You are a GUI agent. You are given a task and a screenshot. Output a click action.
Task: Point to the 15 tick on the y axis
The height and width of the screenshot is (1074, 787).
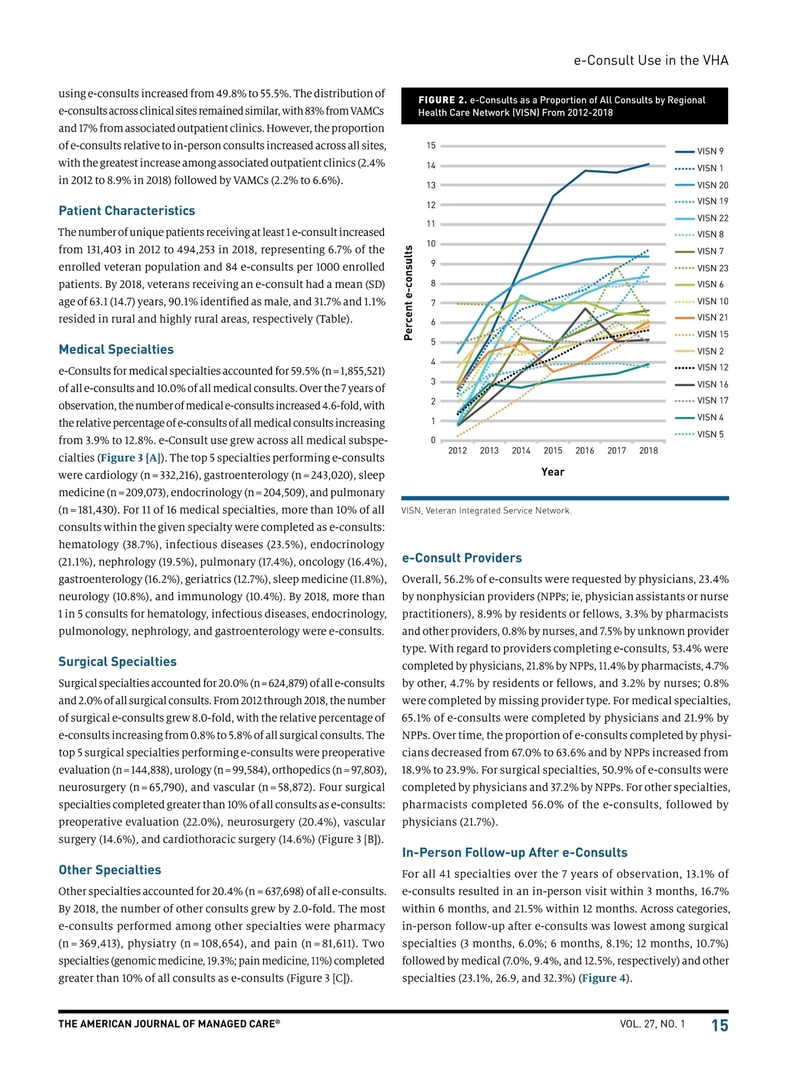click(x=431, y=146)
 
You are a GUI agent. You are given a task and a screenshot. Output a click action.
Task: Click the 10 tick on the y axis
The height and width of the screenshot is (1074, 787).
click(x=431, y=244)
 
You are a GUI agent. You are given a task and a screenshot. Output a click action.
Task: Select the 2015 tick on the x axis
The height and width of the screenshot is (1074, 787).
click(x=553, y=450)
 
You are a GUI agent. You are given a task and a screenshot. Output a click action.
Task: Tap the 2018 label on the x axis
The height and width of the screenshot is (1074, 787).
click(x=648, y=450)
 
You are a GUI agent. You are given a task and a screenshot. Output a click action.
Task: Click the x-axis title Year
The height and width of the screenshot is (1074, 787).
click(x=553, y=471)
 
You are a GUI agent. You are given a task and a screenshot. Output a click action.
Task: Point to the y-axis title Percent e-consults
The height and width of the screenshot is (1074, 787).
click(x=409, y=292)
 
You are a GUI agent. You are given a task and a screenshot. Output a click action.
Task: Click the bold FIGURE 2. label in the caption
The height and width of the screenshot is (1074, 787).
click(x=442, y=100)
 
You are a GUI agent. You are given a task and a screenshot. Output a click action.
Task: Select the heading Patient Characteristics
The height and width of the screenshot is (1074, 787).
click(x=127, y=210)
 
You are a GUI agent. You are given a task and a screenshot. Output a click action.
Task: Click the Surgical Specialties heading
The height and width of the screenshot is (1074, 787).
click(x=117, y=662)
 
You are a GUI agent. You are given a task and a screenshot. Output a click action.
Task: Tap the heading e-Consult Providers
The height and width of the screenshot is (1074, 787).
click(x=462, y=558)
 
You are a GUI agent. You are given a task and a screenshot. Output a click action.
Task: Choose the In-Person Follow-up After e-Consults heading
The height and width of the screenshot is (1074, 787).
click(x=514, y=852)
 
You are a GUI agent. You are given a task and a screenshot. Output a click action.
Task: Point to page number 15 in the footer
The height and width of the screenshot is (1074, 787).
click(x=719, y=1025)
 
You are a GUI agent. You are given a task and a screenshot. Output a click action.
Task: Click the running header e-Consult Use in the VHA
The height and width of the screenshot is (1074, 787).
click(x=651, y=60)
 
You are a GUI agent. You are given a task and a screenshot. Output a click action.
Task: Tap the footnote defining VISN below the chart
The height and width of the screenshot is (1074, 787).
click(x=486, y=510)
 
